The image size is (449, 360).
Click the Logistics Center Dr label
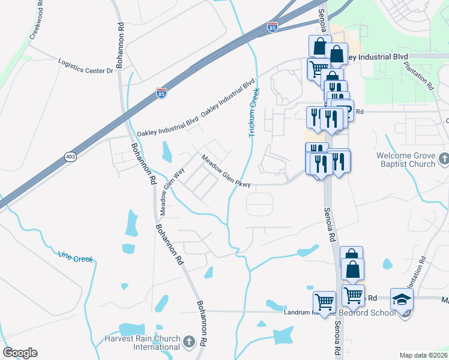point(85,66)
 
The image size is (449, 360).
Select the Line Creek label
point(75,258)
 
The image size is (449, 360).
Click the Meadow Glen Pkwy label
point(225,172)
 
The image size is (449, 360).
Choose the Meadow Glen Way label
point(170,190)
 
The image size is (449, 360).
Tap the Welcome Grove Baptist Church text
point(405,160)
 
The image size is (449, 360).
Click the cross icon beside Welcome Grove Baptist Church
point(444,159)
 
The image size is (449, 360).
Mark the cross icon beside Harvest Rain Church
point(189,342)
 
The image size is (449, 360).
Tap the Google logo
point(20,353)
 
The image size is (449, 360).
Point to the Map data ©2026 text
point(423,355)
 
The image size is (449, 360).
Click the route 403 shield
point(71,157)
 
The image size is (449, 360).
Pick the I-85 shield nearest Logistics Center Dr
point(161,93)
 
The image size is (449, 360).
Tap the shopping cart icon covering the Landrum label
point(324,302)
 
